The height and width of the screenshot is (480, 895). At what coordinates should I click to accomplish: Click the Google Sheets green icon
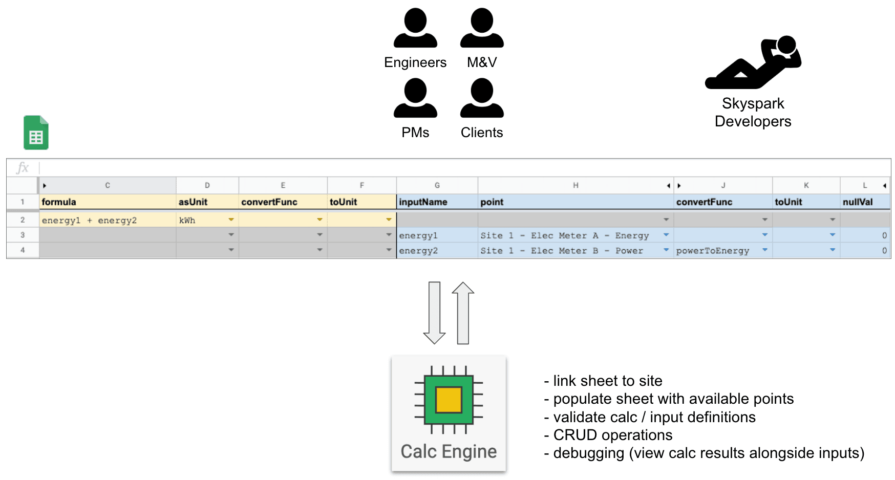tap(36, 133)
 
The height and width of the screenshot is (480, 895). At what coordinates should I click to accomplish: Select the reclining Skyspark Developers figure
tap(753, 63)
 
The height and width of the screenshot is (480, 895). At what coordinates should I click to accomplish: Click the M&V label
tap(482, 62)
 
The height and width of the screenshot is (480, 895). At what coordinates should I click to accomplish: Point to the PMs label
tap(415, 133)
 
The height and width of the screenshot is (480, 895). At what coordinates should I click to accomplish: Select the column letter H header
tap(576, 185)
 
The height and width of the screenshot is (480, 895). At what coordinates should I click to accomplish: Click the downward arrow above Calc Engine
tap(434, 312)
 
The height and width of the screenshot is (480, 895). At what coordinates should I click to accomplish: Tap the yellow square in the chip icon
tap(449, 400)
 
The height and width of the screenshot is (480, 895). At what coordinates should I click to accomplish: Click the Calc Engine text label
tap(449, 451)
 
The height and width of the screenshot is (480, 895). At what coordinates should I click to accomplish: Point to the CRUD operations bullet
tap(612, 435)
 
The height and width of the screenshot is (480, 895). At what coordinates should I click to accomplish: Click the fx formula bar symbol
tap(23, 168)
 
